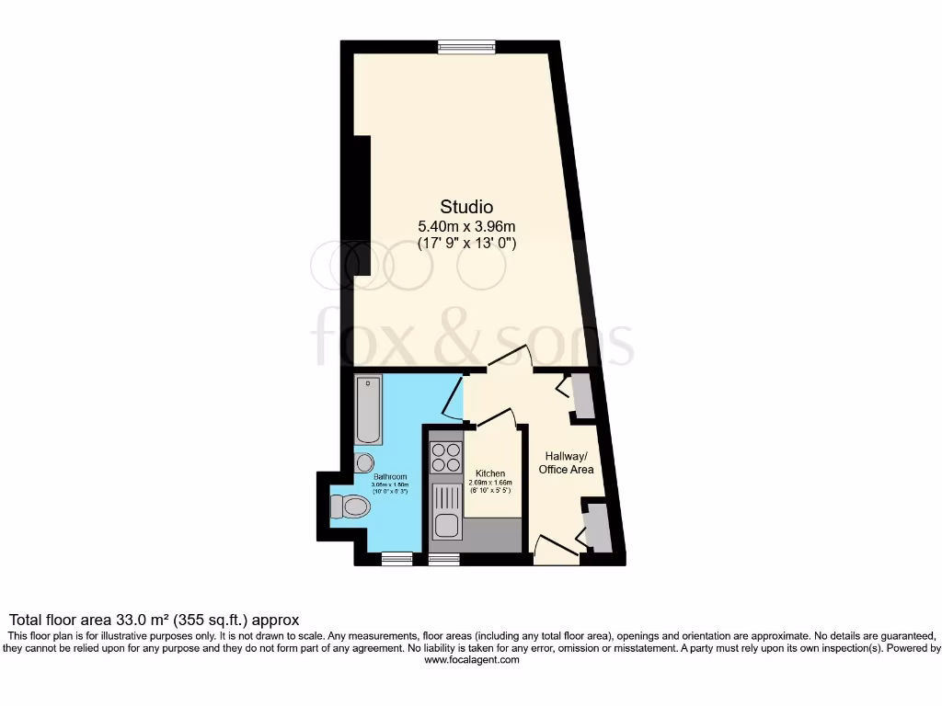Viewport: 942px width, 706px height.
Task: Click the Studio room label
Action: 466,207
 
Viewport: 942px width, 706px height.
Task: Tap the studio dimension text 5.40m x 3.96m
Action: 466,225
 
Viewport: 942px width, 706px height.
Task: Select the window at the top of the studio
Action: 466,47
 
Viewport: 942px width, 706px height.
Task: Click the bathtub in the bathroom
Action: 370,410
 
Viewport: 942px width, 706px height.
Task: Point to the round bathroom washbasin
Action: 364,462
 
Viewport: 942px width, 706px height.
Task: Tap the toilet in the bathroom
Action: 349,507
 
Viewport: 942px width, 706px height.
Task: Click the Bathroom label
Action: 389,476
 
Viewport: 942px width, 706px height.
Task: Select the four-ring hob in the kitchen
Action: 446,457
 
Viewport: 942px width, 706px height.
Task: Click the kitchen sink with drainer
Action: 446,513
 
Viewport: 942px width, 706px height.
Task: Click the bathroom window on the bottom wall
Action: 397,558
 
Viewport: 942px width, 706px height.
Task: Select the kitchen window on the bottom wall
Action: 444,558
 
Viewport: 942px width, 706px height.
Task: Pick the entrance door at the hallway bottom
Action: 555,548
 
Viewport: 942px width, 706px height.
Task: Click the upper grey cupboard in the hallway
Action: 583,394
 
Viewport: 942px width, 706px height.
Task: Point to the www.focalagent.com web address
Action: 470,659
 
